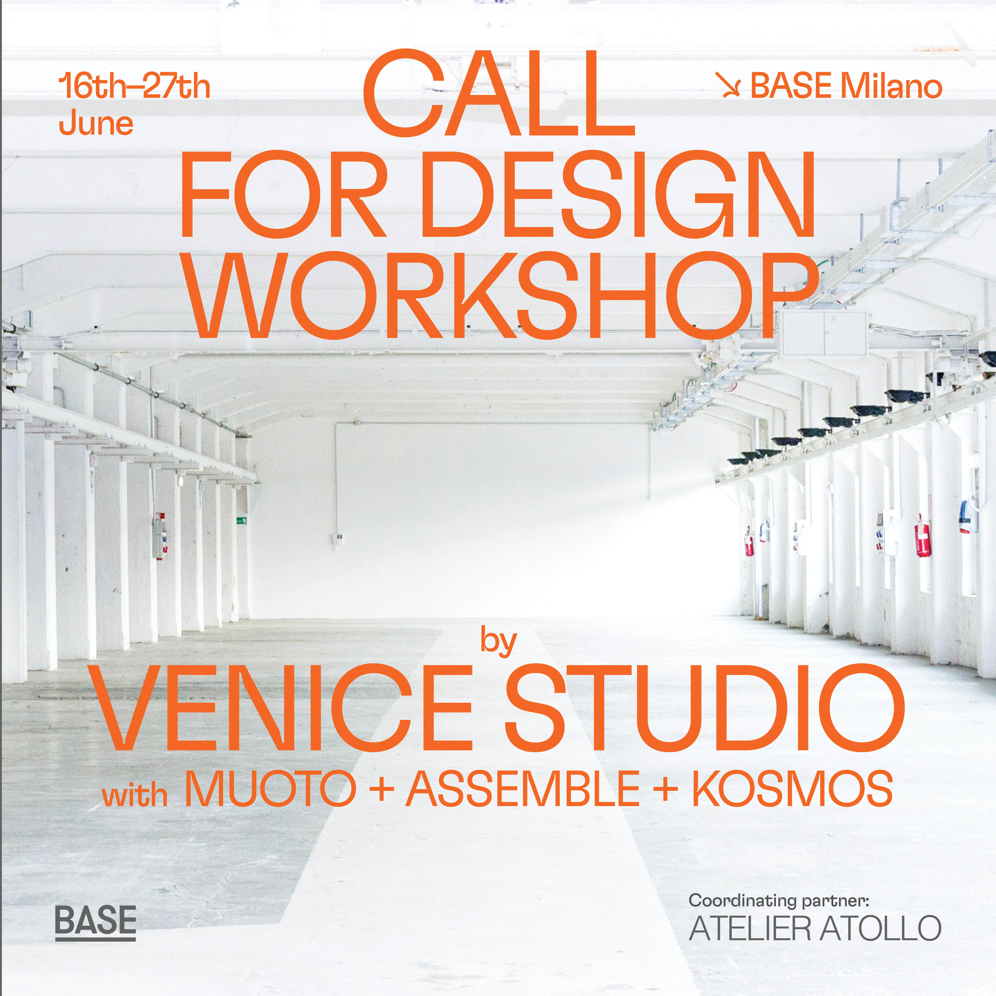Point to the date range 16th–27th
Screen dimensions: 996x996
[134, 87]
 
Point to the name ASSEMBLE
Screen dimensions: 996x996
[522, 789]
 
